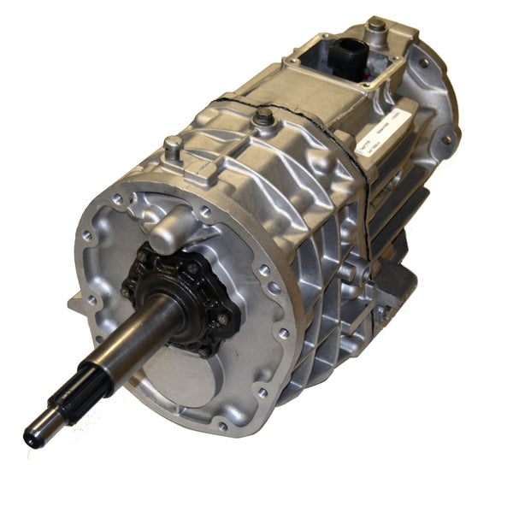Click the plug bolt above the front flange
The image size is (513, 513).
click(174, 147)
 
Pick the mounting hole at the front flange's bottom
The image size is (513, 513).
click(223, 425)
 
